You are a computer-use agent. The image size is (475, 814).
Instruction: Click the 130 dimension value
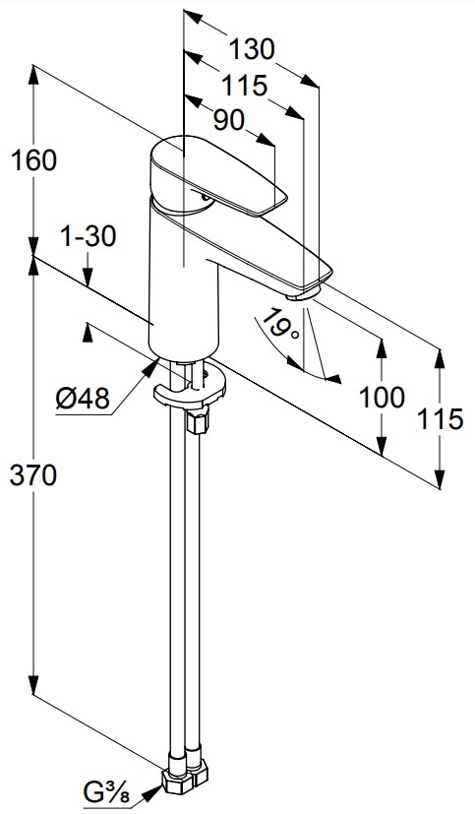[252, 50]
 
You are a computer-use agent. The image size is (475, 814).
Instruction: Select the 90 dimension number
[229, 120]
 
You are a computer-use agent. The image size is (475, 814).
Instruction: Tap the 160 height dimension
[33, 160]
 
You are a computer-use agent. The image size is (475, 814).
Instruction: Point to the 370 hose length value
[33, 475]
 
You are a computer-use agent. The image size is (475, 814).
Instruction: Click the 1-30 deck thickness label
[89, 237]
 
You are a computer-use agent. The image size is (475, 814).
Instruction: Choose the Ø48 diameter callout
[83, 399]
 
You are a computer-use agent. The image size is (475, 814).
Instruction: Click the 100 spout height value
[383, 399]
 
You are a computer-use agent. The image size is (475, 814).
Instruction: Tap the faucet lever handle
[217, 174]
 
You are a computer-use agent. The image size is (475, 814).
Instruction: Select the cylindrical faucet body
[183, 281]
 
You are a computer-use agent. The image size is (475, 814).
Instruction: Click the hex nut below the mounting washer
[197, 420]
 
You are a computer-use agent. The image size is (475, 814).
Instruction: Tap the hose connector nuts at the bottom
[185, 776]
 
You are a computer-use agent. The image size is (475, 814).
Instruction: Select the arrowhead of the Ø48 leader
[150, 367]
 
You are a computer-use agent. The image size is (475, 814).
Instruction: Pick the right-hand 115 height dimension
[441, 418]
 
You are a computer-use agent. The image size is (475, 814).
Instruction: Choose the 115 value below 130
[245, 86]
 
